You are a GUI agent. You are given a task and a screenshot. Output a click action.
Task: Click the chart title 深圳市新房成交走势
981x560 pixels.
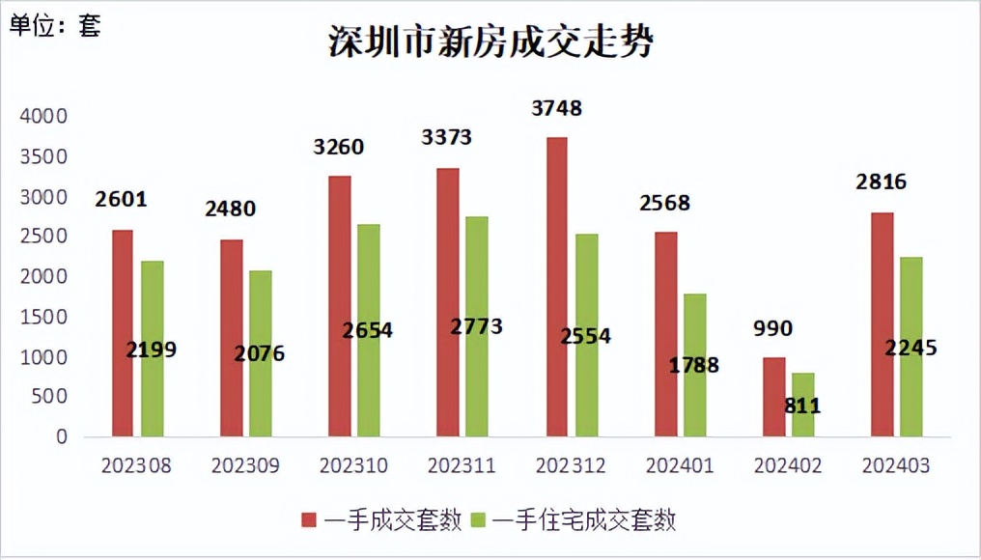(x=491, y=42)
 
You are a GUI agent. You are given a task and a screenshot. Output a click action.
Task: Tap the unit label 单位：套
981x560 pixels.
(x=55, y=26)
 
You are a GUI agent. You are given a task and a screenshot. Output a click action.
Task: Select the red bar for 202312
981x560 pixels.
(x=556, y=287)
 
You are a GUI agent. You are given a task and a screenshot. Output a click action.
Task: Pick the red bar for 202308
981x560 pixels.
(x=123, y=333)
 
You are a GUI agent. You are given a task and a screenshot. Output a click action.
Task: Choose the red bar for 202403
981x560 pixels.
(x=882, y=324)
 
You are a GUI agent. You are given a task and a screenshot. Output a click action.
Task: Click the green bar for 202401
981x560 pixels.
(x=695, y=365)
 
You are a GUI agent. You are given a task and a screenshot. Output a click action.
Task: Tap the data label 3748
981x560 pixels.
(x=557, y=108)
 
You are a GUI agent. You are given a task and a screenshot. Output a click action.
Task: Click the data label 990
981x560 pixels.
(x=772, y=329)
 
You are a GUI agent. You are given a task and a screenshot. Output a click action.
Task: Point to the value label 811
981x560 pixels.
(x=802, y=406)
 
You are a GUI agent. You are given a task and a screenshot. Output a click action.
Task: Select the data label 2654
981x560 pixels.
(x=368, y=330)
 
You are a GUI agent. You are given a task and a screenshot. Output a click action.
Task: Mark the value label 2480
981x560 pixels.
(x=230, y=209)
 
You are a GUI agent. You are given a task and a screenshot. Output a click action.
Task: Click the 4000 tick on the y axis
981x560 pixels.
(x=43, y=117)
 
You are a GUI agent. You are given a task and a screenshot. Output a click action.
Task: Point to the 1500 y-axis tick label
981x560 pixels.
(x=43, y=317)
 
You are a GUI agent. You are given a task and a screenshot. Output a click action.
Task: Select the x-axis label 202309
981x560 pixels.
(x=245, y=466)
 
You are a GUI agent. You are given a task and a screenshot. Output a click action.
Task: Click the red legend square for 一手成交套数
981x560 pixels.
(x=309, y=521)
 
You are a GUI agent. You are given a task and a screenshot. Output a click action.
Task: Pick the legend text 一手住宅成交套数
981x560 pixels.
(x=584, y=521)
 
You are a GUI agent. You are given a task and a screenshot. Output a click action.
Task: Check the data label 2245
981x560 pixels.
(x=911, y=348)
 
